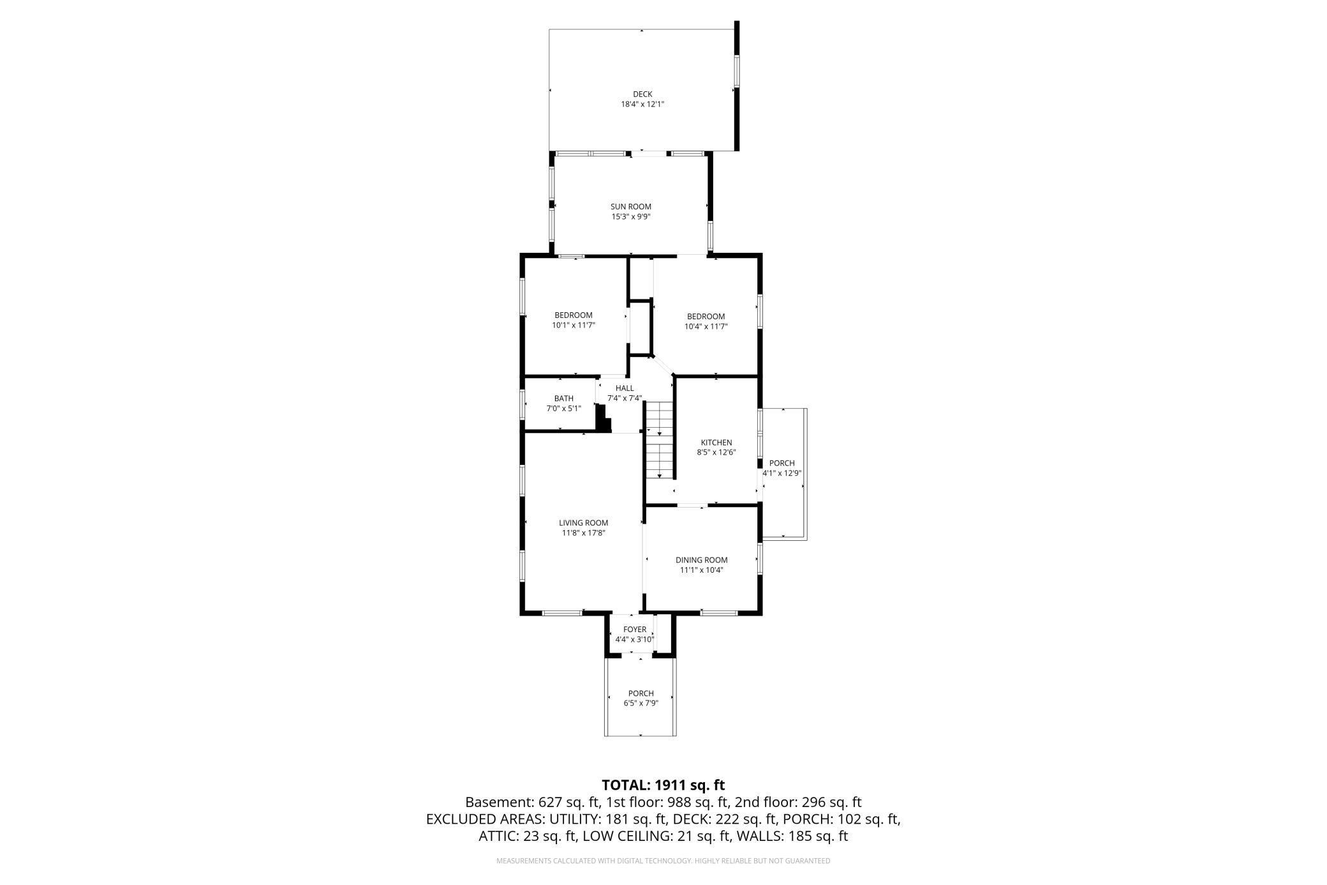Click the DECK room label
click(x=642, y=95)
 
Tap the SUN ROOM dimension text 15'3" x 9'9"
click(x=630, y=216)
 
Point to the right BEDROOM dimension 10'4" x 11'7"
click(x=706, y=326)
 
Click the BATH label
click(x=563, y=398)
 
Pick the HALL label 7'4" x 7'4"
click(x=625, y=393)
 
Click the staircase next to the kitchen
click(x=659, y=441)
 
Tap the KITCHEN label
click(x=716, y=442)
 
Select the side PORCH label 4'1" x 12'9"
click(x=782, y=468)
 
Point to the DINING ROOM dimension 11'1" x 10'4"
click(x=701, y=570)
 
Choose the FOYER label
click(x=634, y=630)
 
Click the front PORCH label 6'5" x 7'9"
click(x=641, y=698)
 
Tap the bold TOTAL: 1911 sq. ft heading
click(x=663, y=785)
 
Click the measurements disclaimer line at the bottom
click(x=663, y=861)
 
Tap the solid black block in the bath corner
click(x=603, y=421)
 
